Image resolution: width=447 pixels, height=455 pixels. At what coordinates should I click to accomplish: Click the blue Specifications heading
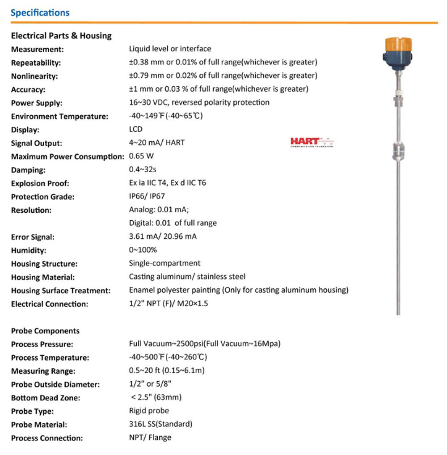click(40, 13)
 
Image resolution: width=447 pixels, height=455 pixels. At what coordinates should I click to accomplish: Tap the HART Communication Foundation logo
click(312, 142)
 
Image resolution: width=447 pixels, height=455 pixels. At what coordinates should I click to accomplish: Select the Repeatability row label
click(36, 63)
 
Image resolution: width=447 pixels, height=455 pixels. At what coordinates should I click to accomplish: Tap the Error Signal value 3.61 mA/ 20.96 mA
click(163, 237)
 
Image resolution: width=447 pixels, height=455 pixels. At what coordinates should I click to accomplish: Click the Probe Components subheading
click(45, 331)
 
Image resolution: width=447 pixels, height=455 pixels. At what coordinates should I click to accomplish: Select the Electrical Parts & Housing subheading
click(61, 36)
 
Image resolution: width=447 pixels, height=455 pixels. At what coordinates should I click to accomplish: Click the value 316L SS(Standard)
click(160, 424)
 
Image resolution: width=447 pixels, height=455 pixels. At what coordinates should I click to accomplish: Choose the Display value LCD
click(135, 130)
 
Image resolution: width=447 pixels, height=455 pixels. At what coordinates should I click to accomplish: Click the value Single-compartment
click(164, 263)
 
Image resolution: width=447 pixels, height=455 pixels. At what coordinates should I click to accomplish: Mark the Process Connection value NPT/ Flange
click(150, 438)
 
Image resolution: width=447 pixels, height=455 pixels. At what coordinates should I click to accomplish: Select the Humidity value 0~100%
click(143, 250)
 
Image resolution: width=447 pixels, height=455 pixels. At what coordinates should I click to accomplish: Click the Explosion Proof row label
click(40, 183)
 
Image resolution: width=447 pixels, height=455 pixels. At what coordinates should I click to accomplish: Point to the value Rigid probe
click(149, 411)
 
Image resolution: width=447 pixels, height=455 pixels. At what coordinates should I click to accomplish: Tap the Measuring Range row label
click(43, 371)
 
